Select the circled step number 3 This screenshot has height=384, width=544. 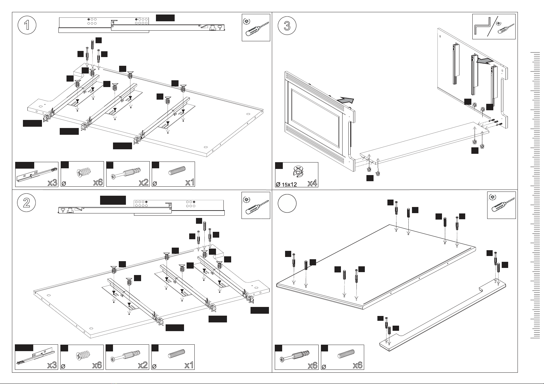(287, 26)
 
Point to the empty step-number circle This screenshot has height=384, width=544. (287, 204)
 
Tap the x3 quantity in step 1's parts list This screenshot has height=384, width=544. (52, 182)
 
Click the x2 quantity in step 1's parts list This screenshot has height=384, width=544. (144, 182)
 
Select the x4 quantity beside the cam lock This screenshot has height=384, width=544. (312, 183)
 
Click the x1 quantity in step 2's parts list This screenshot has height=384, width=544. (189, 365)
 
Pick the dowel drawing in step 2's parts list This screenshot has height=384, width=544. (176, 356)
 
